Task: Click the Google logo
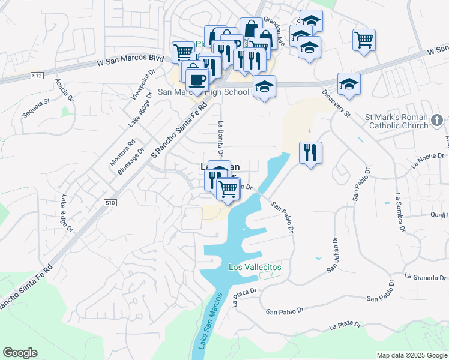click(20, 353)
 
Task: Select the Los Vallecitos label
click(255, 267)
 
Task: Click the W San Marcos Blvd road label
click(131, 61)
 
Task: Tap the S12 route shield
click(37, 76)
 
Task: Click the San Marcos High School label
click(203, 92)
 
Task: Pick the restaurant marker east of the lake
click(310, 153)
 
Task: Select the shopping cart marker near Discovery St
click(364, 40)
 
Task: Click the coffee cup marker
click(196, 79)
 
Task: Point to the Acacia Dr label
click(64, 89)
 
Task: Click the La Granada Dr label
click(426, 277)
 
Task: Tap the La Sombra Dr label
click(399, 213)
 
